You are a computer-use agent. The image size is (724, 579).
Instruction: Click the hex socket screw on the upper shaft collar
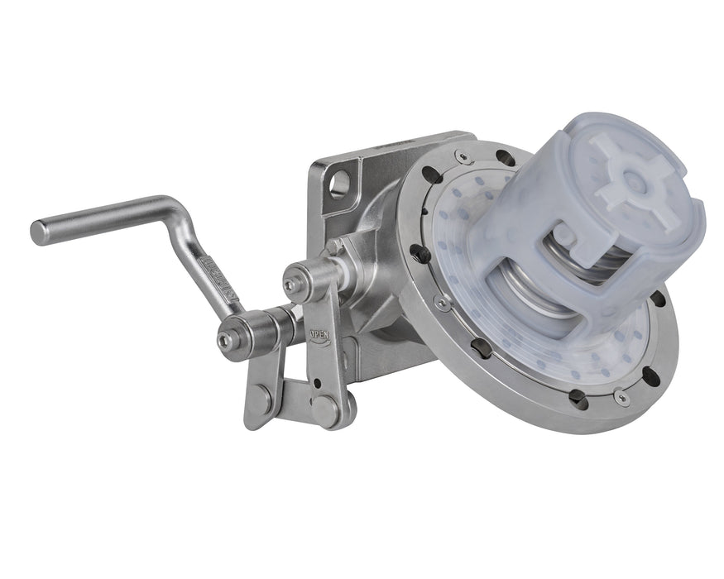[x=290, y=285]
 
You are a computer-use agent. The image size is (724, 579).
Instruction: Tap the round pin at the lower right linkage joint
[x=324, y=409]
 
